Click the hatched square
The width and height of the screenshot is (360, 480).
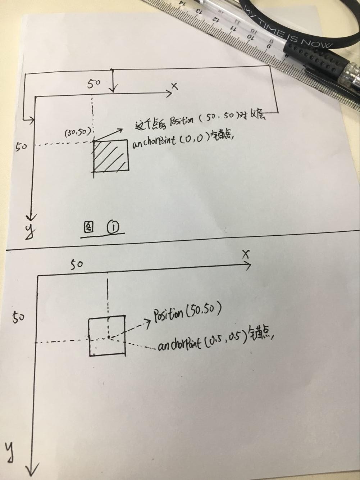(111, 157)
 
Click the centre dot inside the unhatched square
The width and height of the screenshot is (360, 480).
(108, 337)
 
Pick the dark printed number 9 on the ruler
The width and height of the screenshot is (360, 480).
(268, 46)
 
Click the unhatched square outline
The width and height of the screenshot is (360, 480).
(107, 336)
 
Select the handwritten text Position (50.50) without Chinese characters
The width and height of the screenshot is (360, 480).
(187, 312)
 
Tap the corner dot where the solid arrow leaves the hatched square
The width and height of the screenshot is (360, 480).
(94, 141)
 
